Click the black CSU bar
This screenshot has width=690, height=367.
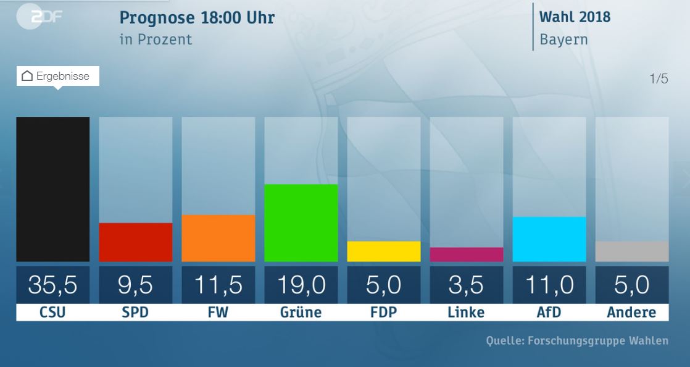pyautogui.click(x=52, y=189)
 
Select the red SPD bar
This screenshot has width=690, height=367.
pyautogui.click(x=136, y=242)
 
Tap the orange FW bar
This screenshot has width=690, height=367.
pyautogui.click(x=218, y=238)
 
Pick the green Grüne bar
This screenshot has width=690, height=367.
pyautogui.click(x=301, y=222)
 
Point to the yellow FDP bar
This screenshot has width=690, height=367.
pyautogui.click(x=383, y=251)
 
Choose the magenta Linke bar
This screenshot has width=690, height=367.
pyautogui.click(x=466, y=255)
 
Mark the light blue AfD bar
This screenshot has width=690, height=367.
pyautogui.click(x=549, y=239)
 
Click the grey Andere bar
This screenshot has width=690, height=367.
pyautogui.click(x=631, y=251)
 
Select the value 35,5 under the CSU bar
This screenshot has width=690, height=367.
pyautogui.click(x=52, y=285)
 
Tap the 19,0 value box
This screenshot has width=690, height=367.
pyautogui.click(x=301, y=285)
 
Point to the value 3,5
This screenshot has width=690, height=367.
pyautogui.click(x=466, y=285)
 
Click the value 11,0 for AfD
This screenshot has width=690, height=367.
pyautogui.click(x=549, y=285)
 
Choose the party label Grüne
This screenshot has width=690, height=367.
pyautogui.click(x=301, y=312)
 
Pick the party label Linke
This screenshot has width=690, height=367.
pyautogui.click(x=466, y=312)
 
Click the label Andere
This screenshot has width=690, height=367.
pyautogui.click(x=631, y=312)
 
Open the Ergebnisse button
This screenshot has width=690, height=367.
pyautogui.click(x=57, y=76)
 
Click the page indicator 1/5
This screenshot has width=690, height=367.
pyautogui.click(x=659, y=79)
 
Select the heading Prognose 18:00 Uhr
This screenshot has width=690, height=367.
pyautogui.click(x=197, y=17)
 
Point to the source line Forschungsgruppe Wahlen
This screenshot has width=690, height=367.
pyautogui.click(x=577, y=340)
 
